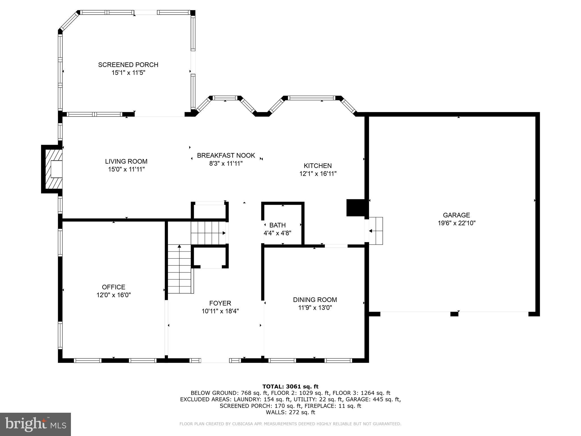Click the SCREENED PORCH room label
tap(128, 65)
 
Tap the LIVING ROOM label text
tap(126, 162)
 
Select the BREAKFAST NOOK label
tap(226, 156)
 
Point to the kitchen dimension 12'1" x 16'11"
tap(318, 174)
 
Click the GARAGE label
tap(456, 215)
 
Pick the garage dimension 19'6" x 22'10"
tap(456, 223)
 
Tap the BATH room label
tap(277, 225)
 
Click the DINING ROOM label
tap(315, 300)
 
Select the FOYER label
tap(220, 303)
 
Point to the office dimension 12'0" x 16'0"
tap(113, 295)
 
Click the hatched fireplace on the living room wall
tap(52, 169)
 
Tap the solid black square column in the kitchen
tap(355, 208)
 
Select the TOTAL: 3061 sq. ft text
tap(290, 387)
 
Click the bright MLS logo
tap(35, 424)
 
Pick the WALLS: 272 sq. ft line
tap(290, 412)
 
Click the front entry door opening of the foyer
tap(215, 361)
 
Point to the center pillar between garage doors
tap(454, 314)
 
